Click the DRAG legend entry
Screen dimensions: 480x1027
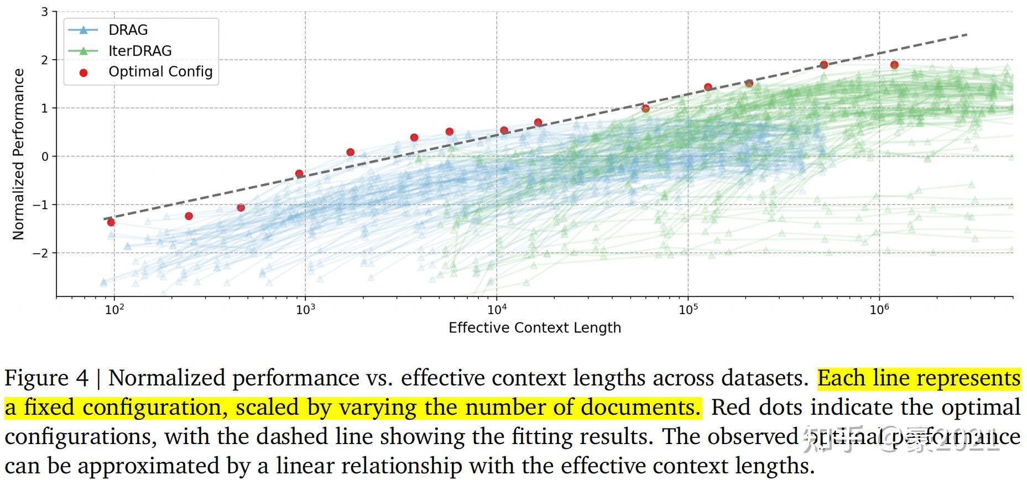(128, 30)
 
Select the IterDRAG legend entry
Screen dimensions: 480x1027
(139, 51)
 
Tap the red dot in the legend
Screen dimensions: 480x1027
(84, 72)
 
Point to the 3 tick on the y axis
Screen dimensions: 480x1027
(45, 12)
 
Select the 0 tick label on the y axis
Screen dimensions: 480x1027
(45, 156)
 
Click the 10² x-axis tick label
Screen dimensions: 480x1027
(114, 309)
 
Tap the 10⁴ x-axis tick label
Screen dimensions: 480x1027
(496, 309)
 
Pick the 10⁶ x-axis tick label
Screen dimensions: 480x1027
(879, 309)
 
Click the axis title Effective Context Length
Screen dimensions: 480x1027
(534, 328)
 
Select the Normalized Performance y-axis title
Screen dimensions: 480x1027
(19, 154)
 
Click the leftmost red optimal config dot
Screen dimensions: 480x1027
(111, 222)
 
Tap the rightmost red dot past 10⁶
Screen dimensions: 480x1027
(894, 65)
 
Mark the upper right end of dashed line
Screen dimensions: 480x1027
(967, 35)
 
